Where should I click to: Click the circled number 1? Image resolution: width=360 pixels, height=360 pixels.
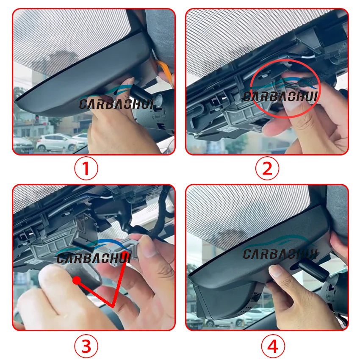tap(86, 168)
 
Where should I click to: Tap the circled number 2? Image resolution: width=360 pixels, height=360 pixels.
tap(267, 168)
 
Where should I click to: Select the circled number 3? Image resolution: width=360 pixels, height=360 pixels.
tap(86, 346)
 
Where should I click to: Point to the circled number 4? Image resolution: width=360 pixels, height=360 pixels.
tap(273, 346)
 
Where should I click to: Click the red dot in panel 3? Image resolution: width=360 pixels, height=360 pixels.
tap(77, 280)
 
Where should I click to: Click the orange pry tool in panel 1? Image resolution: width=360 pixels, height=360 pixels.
tap(165, 70)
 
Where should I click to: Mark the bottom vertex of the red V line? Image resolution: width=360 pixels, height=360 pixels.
tap(113, 306)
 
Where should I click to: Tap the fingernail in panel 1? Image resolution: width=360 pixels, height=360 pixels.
tap(129, 81)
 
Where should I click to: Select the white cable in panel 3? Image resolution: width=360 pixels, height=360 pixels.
tap(104, 197)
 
